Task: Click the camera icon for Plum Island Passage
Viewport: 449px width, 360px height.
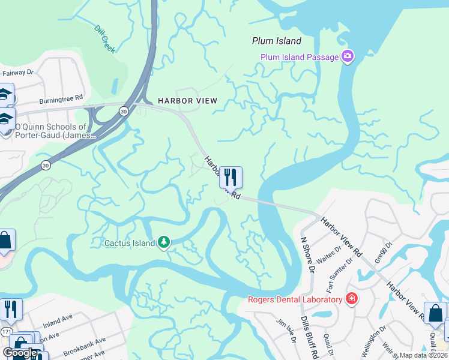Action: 347,57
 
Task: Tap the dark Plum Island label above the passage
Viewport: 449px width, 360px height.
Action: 276,41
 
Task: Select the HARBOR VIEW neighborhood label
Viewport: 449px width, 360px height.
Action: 187,101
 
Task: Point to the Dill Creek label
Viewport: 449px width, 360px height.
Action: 104,39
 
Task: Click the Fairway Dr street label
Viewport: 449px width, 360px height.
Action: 17,74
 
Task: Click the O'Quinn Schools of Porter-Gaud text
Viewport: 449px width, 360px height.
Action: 54,131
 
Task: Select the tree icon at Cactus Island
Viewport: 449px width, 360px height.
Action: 163,242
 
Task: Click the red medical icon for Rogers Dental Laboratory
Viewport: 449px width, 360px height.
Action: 351,299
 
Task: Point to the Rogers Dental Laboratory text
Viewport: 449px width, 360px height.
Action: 294,299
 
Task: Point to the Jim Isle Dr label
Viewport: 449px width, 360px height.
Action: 286,331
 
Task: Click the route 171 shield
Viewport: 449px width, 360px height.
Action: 6,331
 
